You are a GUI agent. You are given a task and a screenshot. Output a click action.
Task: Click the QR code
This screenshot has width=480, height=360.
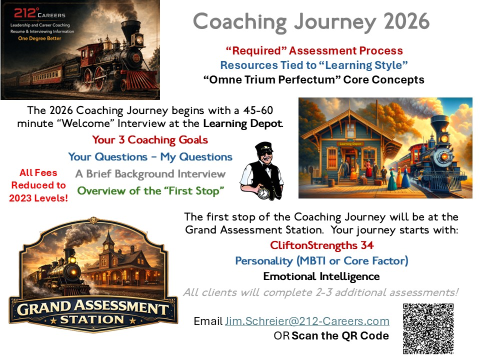(x=428, y=328)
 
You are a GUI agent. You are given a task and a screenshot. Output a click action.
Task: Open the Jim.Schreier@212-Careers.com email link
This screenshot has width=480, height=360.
(x=307, y=321)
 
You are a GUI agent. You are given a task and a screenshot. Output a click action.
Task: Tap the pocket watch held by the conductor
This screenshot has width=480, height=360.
(x=263, y=192)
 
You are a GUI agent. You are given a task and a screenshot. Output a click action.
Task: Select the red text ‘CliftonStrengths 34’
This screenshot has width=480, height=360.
(x=321, y=245)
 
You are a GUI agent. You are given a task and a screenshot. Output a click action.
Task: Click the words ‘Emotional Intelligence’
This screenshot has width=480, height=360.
(x=321, y=276)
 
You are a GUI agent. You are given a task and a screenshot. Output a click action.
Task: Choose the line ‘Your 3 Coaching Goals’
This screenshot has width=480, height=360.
(x=150, y=140)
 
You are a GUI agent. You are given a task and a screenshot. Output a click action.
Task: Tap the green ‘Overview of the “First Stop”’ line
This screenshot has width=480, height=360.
(x=150, y=190)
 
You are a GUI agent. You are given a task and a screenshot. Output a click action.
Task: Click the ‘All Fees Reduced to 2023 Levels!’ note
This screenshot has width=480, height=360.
(x=38, y=185)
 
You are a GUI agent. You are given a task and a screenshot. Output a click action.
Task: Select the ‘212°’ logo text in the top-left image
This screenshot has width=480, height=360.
(x=25, y=13)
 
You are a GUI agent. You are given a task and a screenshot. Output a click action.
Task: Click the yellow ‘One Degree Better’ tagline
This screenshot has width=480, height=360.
(x=39, y=38)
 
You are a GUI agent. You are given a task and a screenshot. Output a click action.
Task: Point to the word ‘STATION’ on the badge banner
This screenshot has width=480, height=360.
(x=92, y=319)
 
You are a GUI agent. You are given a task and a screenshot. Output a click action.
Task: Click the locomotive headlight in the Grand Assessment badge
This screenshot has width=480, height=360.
(x=73, y=272)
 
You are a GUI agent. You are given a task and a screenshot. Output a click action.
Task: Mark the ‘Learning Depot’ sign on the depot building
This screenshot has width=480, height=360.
(x=350, y=143)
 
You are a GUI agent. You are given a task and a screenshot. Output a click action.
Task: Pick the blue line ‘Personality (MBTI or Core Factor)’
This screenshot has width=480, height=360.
(x=321, y=261)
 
